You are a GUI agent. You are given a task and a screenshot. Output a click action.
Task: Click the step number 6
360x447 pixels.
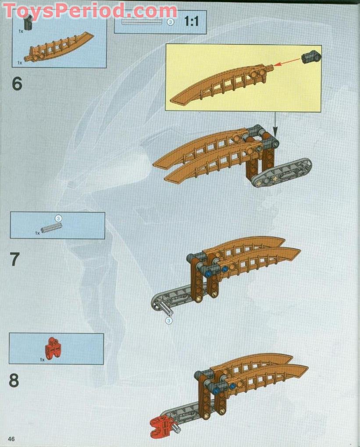[17, 83]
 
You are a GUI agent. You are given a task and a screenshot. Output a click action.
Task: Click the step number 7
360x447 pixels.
[15, 259]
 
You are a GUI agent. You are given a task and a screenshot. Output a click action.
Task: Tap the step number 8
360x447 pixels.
[14, 380]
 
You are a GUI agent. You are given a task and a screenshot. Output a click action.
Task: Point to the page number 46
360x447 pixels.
[11, 439]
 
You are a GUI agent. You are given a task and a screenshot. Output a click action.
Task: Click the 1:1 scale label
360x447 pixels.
[192, 21]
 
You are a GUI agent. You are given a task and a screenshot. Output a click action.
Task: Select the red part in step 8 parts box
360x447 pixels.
[53, 348]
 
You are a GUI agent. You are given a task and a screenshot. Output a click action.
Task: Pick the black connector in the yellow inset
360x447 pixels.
[311, 56]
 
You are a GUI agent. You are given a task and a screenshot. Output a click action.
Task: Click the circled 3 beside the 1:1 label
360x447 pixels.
[171, 22]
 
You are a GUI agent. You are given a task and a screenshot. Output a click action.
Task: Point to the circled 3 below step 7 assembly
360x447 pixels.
[169, 321]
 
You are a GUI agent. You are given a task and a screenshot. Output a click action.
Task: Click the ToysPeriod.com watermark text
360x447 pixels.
[90, 11]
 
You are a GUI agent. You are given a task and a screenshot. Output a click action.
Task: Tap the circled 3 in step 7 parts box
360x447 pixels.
[58, 218]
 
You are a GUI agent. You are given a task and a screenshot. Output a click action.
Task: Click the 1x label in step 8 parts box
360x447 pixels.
[42, 360]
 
